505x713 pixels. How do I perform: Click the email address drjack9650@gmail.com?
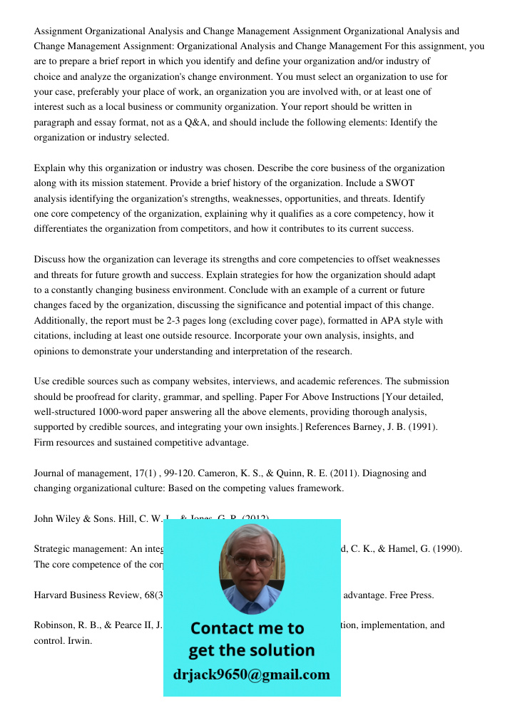click(x=252, y=674)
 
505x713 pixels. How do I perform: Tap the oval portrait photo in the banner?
click(x=251, y=565)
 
